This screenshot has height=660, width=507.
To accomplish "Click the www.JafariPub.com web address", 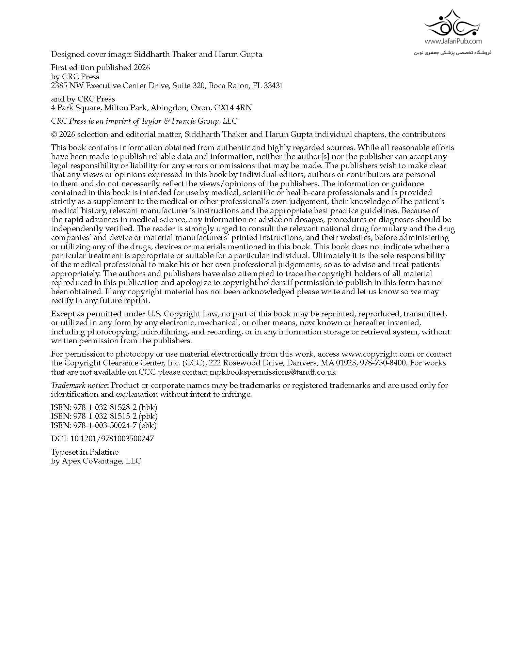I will point(453,41).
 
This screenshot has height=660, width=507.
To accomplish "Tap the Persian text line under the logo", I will point(453,52).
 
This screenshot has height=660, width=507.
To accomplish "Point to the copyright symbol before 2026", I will point(54,134).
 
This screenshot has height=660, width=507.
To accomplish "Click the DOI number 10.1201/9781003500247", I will point(112,439).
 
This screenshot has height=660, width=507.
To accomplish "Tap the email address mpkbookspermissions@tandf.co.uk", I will point(273,372).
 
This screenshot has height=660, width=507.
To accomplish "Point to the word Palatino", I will point(104,452).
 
